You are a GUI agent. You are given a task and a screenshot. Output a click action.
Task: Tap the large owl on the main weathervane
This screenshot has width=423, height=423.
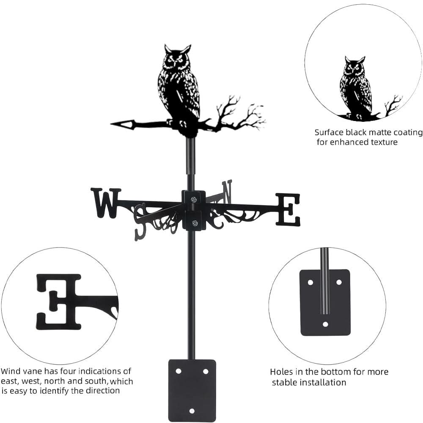[179, 87]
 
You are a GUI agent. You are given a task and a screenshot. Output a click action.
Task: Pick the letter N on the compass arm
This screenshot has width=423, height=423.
[227, 191]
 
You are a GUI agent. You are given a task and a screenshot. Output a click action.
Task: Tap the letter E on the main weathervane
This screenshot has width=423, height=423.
[288, 209]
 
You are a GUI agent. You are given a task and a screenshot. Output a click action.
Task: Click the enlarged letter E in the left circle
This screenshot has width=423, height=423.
[59, 301]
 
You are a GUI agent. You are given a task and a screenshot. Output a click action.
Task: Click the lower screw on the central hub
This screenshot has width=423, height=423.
[194, 223]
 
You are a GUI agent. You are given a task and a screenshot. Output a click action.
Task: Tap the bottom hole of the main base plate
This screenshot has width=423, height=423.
[192, 411]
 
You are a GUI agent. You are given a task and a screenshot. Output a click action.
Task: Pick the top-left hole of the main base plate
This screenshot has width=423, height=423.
[179, 371]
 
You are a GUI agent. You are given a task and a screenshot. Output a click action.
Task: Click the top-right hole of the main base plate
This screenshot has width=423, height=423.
[206, 371]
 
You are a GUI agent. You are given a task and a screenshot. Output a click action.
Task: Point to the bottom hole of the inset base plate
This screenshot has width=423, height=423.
[325, 324]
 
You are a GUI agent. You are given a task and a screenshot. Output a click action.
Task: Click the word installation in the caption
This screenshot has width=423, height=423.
[322, 382]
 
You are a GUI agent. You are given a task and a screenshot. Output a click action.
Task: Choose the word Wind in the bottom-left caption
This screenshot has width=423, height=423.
[11, 371]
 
